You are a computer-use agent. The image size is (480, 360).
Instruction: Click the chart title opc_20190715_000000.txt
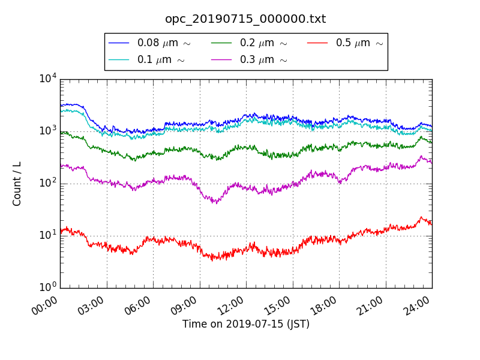coord(245,19)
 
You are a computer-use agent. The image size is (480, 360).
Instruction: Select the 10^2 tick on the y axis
coord(47,183)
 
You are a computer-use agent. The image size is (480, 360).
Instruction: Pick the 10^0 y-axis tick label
coord(47,287)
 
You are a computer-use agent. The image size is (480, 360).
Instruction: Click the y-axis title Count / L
coord(17,184)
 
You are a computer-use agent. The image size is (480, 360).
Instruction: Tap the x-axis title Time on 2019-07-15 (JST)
coord(245,324)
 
